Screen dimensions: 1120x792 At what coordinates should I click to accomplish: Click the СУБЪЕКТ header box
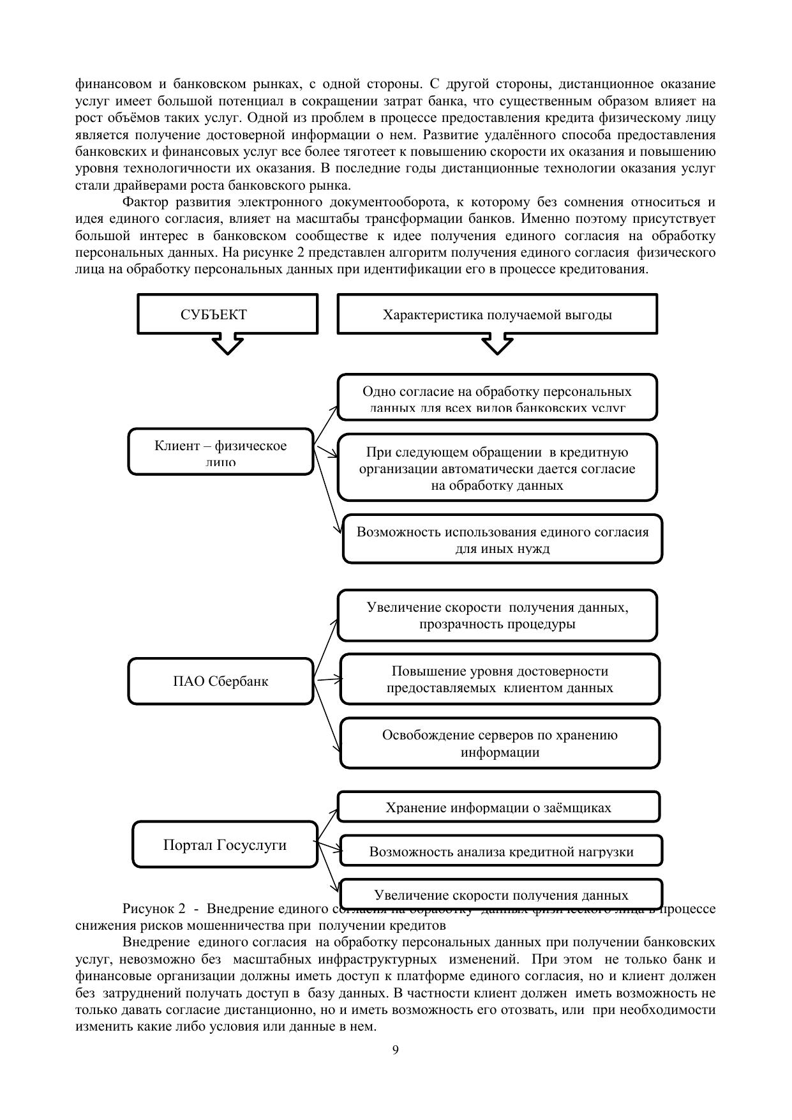[227, 314]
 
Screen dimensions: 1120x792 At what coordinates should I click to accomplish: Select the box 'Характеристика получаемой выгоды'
[497, 314]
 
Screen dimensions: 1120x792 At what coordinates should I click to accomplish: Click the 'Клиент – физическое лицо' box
[221, 451]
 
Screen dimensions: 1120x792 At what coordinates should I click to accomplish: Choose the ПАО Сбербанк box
[221, 681]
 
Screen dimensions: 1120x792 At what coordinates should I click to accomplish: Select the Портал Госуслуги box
[225, 845]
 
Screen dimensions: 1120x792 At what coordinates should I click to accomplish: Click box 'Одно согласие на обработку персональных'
[497, 397]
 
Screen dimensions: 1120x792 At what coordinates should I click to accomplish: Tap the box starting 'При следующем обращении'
[497, 468]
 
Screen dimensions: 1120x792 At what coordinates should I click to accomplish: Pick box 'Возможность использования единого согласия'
[502, 540]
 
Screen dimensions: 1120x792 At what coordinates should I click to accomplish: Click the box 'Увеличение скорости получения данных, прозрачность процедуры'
[497, 615]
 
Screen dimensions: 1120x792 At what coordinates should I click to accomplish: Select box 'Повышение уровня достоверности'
[500, 679]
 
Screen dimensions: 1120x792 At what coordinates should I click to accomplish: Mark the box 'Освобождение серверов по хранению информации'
[500, 743]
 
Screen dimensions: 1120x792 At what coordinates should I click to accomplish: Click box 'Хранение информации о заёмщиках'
[498, 807]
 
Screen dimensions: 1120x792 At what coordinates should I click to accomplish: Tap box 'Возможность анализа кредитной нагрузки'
[501, 851]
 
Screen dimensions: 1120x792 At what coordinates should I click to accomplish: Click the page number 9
[396, 1050]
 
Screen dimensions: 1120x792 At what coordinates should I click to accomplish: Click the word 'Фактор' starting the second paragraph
[145, 202]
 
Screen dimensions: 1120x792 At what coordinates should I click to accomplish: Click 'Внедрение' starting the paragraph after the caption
[156, 942]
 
